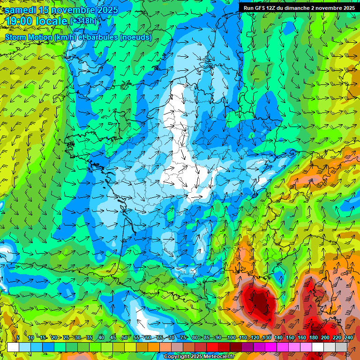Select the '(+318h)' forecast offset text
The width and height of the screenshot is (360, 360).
(84, 21)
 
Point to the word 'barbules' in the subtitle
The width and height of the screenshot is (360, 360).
(103, 37)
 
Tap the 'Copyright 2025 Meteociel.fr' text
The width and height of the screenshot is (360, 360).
(199, 356)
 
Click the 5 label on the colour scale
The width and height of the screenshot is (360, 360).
(18, 337)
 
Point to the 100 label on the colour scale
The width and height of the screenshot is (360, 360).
(231, 337)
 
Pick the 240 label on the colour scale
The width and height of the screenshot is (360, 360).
(348, 337)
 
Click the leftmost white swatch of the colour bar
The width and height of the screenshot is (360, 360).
(13, 347)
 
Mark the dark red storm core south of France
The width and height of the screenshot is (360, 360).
(257, 300)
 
